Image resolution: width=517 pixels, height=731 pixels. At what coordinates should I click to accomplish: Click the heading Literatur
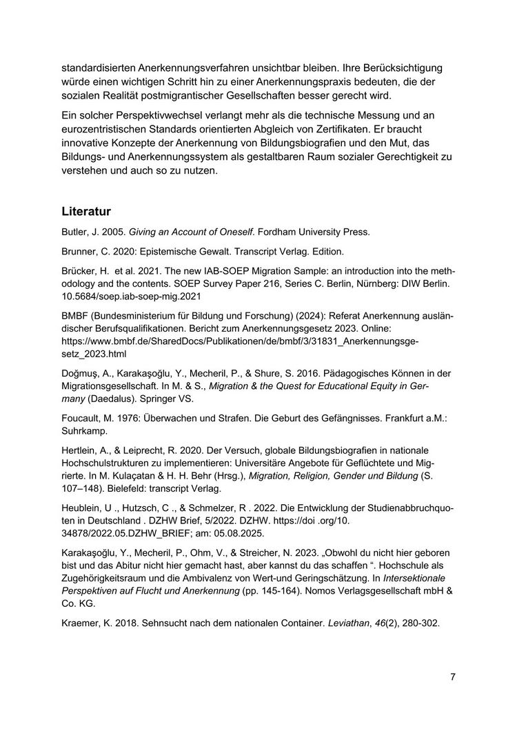coord(86,210)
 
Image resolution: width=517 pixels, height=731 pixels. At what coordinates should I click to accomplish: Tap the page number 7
coord(452,677)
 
